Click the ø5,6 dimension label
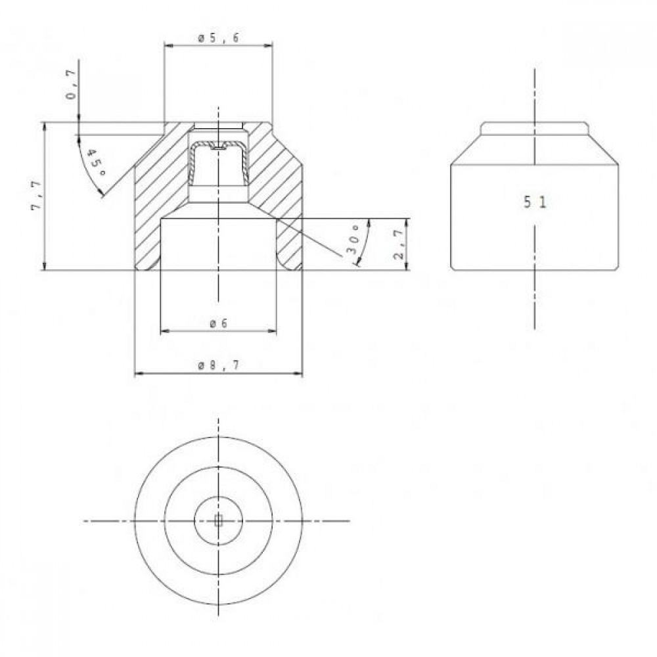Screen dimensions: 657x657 218,38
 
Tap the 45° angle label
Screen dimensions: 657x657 96,162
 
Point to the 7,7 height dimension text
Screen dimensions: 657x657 37,195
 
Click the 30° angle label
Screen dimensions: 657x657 353,240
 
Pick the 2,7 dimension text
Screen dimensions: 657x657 399,244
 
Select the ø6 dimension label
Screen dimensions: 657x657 218,323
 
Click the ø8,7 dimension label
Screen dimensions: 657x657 218,365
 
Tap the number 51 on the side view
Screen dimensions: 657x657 535,202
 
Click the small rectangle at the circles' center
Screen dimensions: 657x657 218,520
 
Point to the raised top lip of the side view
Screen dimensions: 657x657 535,128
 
